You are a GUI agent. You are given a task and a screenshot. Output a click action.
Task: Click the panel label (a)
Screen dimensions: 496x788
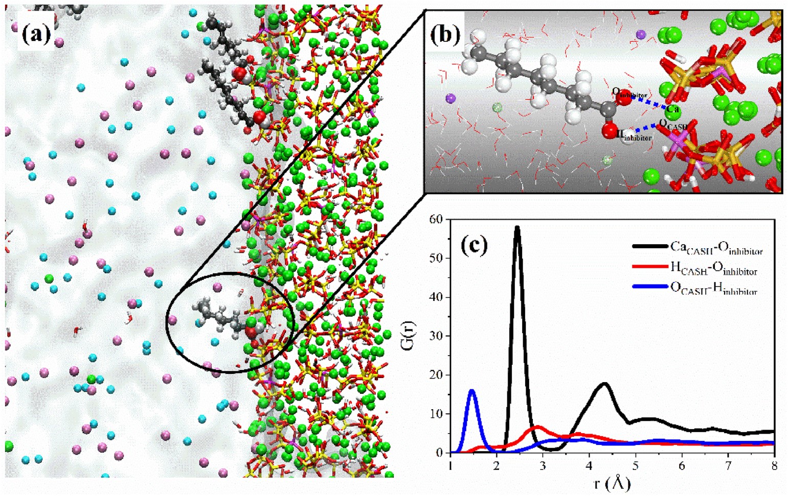point(36,34)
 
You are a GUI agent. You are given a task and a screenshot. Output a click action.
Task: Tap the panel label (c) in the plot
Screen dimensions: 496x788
point(474,246)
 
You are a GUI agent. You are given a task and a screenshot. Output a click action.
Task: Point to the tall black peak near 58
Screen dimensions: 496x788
point(517,228)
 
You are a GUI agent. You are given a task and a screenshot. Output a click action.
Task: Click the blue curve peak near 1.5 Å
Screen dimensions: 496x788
point(472,391)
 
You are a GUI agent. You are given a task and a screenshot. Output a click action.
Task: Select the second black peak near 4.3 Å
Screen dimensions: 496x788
point(605,384)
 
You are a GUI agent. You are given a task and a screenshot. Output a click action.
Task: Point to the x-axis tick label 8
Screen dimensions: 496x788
point(775,465)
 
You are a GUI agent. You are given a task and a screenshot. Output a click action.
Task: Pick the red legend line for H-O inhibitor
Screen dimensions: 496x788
point(649,266)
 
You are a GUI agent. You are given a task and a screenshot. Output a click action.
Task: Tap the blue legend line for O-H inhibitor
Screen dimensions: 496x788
point(649,287)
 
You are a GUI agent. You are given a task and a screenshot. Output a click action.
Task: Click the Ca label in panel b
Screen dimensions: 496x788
point(673,109)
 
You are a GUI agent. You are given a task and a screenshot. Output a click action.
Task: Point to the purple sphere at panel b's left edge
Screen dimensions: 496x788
point(451,98)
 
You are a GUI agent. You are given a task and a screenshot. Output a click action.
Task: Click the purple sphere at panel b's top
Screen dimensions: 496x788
point(641,34)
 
